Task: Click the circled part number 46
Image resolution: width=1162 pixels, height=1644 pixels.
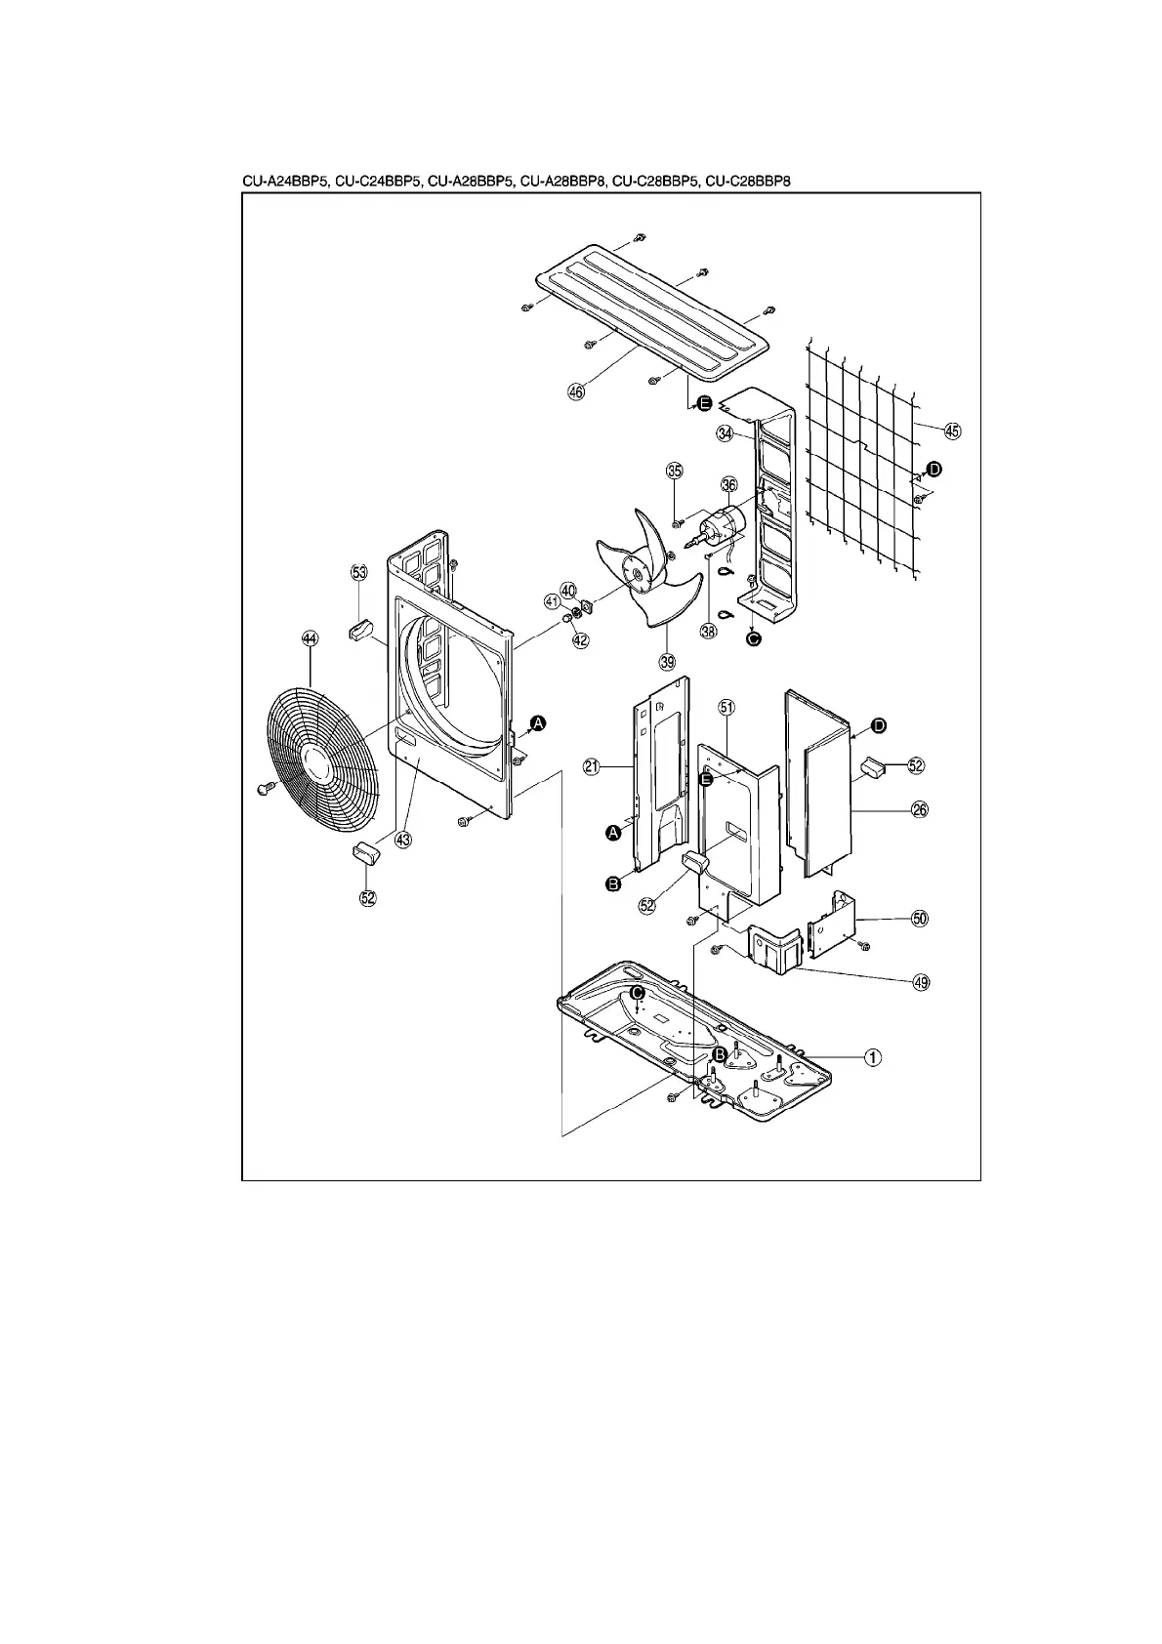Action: click(575, 391)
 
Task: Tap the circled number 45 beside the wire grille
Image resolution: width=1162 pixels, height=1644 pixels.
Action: click(953, 431)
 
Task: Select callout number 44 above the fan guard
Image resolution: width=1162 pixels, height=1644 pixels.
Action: click(310, 639)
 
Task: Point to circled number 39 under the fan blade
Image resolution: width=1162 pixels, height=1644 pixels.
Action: click(668, 662)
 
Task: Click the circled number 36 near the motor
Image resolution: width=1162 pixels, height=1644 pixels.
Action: click(729, 485)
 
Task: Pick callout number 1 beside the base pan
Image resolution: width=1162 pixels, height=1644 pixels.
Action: click(874, 1056)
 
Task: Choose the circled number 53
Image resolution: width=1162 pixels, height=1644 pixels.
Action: click(359, 573)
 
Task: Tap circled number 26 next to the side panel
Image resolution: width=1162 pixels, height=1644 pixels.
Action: click(919, 809)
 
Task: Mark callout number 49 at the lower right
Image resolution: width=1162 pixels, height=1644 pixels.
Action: click(920, 982)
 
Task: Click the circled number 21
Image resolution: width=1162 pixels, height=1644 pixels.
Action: click(592, 767)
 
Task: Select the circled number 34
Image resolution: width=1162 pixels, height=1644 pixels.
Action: click(725, 434)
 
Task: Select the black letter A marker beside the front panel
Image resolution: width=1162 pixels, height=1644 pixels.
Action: click(538, 723)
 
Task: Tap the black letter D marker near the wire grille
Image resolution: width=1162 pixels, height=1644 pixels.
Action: click(934, 470)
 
